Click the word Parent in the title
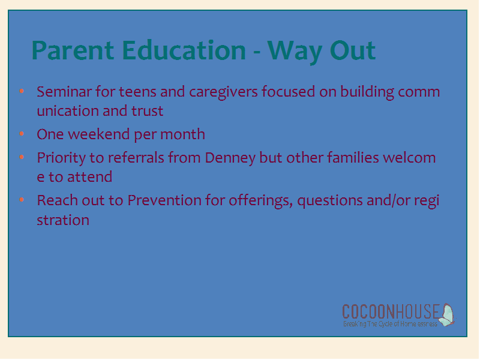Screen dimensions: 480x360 coord(73,50)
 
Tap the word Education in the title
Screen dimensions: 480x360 coord(184,50)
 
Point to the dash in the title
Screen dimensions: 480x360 coord(257,53)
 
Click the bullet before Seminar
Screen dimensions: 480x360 coord(22,91)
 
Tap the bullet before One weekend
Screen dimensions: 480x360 coord(22,133)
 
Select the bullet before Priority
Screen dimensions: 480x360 coord(22,157)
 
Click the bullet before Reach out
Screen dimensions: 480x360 coord(22,200)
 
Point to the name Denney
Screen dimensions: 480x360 coord(230,158)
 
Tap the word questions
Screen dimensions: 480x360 coord(329,202)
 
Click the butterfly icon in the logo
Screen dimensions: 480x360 coord(446,314)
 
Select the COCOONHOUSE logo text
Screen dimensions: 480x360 coord(391,311)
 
